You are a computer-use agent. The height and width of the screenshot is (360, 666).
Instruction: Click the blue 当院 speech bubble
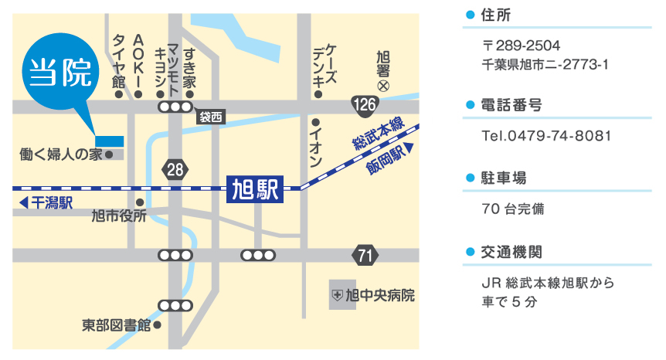[x=61, y=74]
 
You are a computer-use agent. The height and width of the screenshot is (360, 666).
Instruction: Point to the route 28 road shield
[x=175, y=169]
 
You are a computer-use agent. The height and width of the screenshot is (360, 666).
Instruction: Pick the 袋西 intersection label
[x=210, y=117]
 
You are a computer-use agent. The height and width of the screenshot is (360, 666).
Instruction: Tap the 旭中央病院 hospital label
[x=373, y=295]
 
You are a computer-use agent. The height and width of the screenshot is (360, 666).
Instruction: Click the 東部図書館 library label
[x=116, y=325]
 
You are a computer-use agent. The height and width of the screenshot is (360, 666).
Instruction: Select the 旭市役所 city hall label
[x=118, y=216]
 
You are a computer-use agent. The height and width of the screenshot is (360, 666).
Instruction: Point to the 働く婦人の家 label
[x=60, y=155]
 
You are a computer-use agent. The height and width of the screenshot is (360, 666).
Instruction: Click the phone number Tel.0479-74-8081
[x=546, y=136]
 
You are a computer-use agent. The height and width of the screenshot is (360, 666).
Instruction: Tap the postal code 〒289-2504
[x=522, y=45]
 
